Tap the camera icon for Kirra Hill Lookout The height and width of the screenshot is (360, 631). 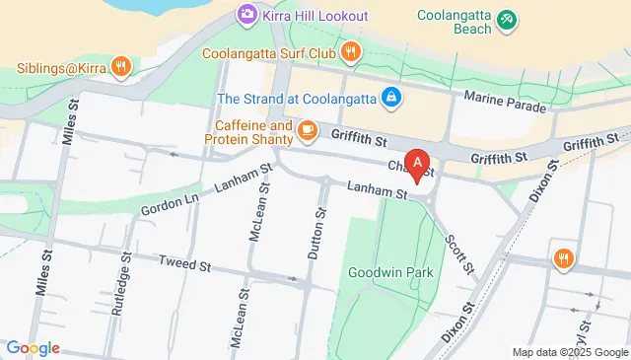click(246, 16)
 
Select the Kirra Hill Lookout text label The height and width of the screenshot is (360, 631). click(315, 16)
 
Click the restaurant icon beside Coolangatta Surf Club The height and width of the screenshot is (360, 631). click(349, 51)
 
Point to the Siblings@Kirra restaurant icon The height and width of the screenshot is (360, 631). click(119, 67)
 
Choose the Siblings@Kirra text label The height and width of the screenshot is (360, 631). click(59, 68)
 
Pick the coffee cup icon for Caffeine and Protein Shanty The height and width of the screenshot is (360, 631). click(308, 129)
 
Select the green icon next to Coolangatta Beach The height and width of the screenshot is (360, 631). click(506, 18)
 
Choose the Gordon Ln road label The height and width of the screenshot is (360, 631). click(165, 205)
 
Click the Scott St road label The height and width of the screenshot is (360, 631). click(459, 252)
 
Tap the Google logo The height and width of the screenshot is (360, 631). click(33, 348)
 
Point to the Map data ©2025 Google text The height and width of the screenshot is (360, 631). click(569, 352)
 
